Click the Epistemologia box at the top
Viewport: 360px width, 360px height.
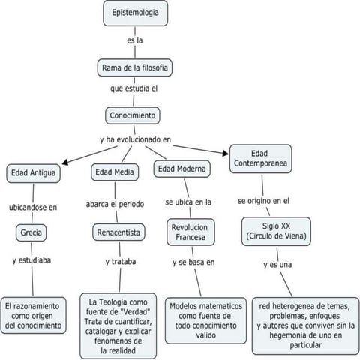[135, 13]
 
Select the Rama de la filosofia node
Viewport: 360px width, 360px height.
[135, 68]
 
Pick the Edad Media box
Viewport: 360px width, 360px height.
[114, 172]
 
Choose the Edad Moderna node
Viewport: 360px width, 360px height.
[183, 169]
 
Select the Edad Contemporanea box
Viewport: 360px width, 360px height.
[260, 158]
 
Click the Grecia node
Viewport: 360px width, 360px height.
[32, 232]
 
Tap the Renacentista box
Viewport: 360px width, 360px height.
[118, 232]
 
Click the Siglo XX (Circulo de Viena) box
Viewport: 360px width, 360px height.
[271, 230]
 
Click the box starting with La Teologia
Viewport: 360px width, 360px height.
[118, 325]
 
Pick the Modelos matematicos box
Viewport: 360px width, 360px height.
[206, 321]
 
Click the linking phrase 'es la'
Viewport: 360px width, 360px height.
[135, 40]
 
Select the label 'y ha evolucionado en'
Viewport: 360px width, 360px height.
[136, 139]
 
